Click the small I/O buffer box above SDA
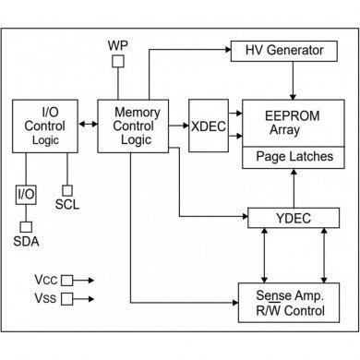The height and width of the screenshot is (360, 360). click(x=27, y=196)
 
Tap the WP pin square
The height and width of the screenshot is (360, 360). click(x=118, y=62)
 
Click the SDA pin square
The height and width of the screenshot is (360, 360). click(x=27, y=226)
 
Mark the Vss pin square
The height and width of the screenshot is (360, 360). click(x=67, y=298)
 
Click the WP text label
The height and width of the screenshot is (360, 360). click(x=118, y=43)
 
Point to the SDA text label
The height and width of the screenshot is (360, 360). click(x=27, y=243)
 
